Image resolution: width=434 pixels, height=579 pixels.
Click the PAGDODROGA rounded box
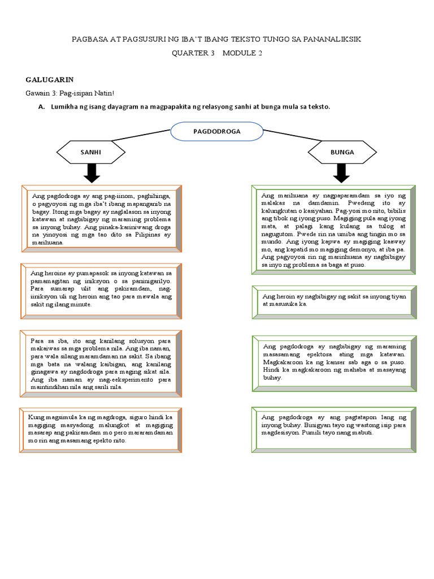[217, 131]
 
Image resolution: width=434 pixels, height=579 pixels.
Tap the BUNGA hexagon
[342, 152]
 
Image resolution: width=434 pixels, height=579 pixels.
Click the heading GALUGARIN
[50, 80]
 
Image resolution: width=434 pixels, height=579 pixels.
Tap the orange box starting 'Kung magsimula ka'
[102, 429]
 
